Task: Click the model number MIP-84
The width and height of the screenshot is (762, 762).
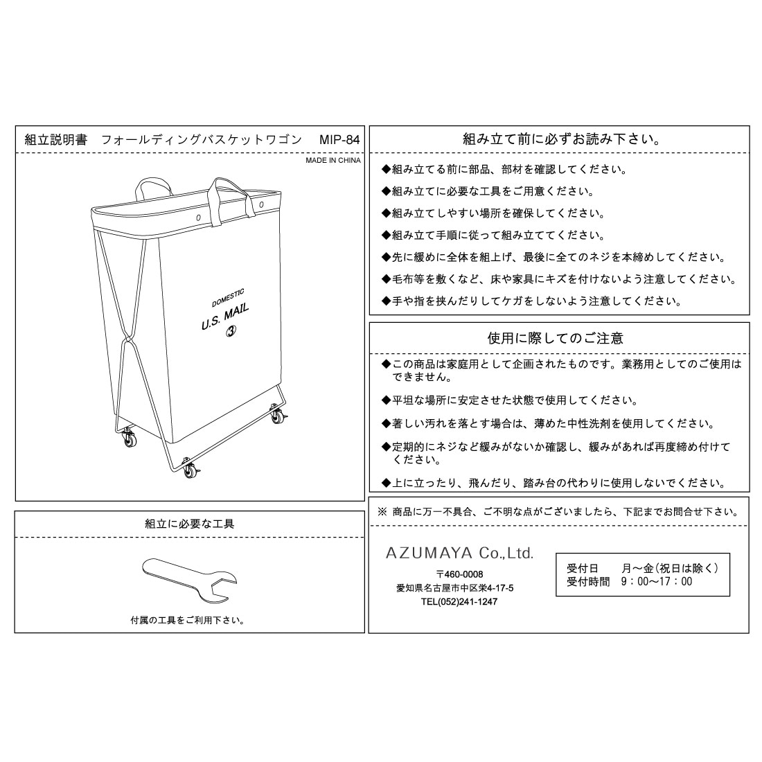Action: tap(339, 140)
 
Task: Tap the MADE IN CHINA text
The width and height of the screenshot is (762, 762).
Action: tap(333, 161)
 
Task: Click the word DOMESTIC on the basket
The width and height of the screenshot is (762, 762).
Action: tap(228, 299)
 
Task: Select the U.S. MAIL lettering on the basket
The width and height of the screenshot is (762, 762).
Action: tap(225, 317)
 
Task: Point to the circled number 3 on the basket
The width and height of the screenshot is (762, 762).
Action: tap(231, 331)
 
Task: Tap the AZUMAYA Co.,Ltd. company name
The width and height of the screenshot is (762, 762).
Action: tap(460, 553)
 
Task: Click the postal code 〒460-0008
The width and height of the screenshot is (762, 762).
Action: tap(460, 574)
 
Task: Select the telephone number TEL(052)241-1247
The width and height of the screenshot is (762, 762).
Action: tap(459, 601)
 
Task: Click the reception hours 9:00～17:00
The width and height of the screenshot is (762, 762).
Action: tap(657, 582)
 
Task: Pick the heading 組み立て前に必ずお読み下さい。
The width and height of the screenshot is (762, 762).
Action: tap(561, 139)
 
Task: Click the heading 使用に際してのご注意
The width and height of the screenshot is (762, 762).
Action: tap(555, 338)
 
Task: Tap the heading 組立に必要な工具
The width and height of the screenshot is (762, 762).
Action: tap(190, 524)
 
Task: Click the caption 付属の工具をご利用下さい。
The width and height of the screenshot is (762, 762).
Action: tap(188, 621)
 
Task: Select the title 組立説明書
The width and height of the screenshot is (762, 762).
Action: tap(56, 140)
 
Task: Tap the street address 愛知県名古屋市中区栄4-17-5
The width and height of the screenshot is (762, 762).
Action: tap(455, 588)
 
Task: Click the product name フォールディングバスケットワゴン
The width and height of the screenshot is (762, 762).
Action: tap(202, 140)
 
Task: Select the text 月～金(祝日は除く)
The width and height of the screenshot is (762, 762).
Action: tap(670, 568)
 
